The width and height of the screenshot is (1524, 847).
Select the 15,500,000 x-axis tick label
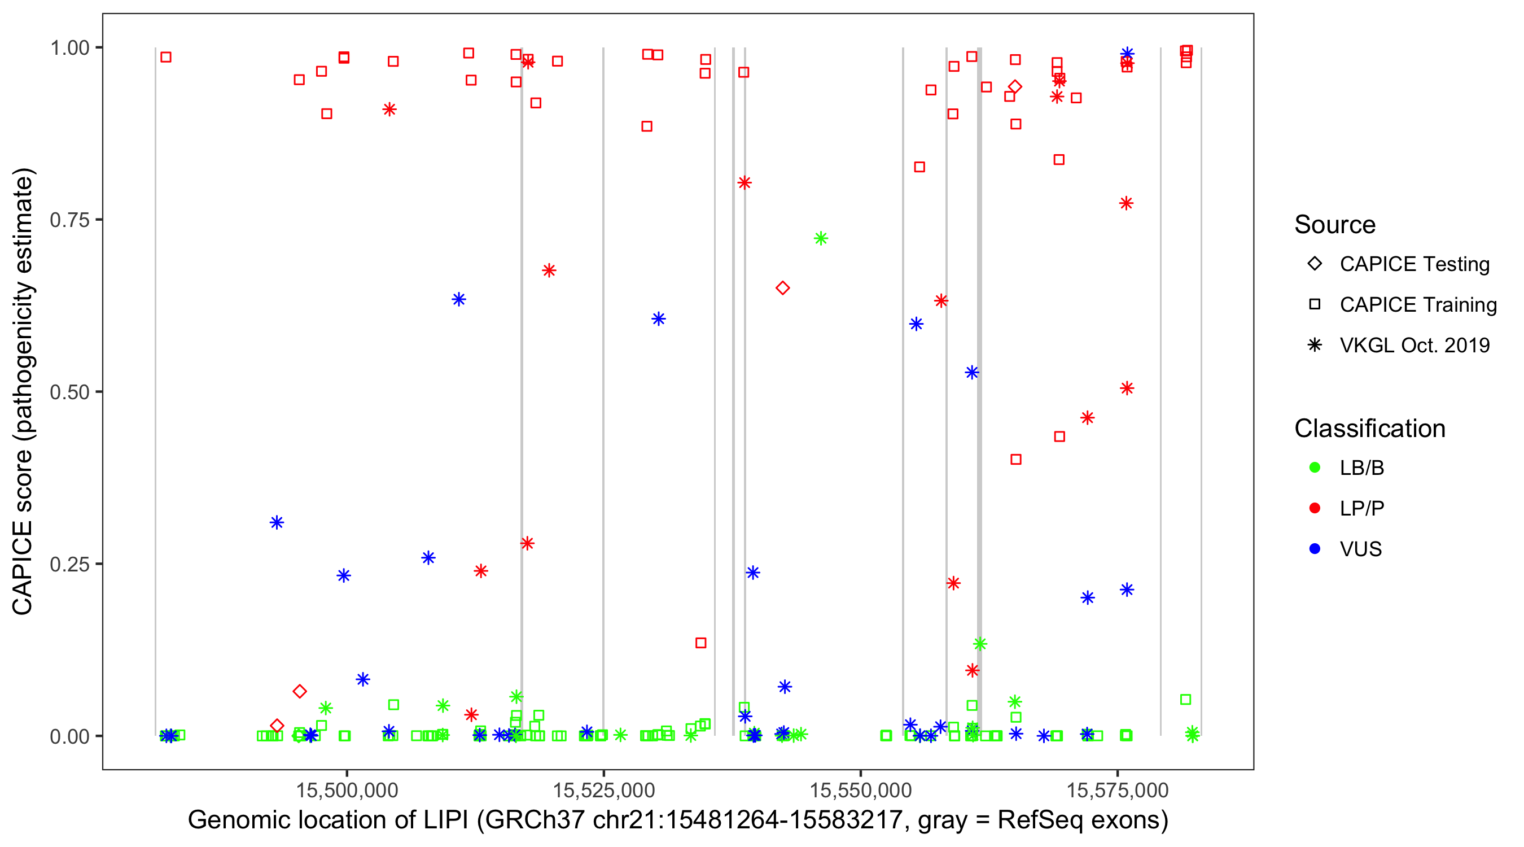coord(347,789)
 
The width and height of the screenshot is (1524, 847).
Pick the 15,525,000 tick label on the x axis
coord(603,789)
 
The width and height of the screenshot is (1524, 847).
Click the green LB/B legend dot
coord(1315,468)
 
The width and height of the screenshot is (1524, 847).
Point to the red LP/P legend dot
coord(1315,508)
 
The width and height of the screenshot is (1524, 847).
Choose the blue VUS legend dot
coord(1315,549)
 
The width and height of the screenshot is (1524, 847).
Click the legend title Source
coord(1335,225)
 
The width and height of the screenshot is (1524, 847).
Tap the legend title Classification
coord(1369,429)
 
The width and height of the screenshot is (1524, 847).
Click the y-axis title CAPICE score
coord(24,392)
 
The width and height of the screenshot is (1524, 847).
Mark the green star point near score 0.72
coord(821,238)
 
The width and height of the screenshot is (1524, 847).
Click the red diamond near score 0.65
coord(783,288)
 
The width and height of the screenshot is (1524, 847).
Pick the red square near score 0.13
coord(700,643)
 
